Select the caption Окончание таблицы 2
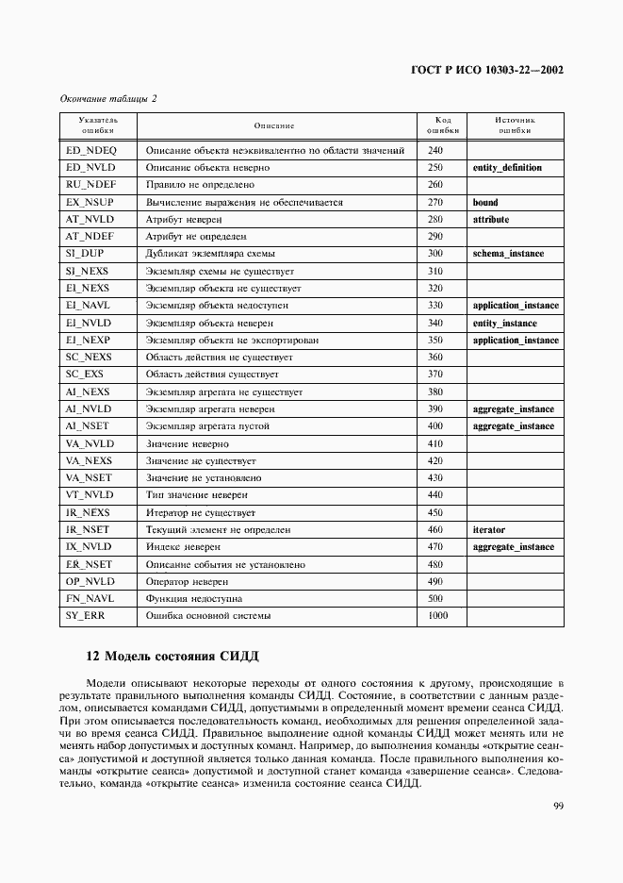(x=107, y=98)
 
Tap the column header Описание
(x=274, y=125)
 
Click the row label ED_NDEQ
(x=90, y=150)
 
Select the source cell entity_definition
(x=506, y=168)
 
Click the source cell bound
(x=485, y=202)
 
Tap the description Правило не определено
(x=200, y=185)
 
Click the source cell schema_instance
(x=508, y=254)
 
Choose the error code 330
(x=434, y=306)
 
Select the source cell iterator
(x=488, y=530)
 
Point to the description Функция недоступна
(x=193, y=599)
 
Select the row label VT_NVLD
(x=89, y=495)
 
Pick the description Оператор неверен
(x=187, y=582)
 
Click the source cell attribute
(x=490, y=219)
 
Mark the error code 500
(x=434, y=599)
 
